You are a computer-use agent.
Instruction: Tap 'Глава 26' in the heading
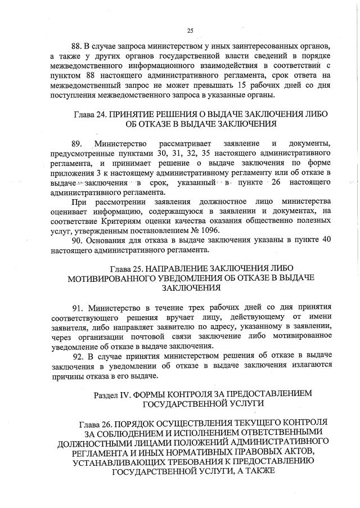(97, 422)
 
